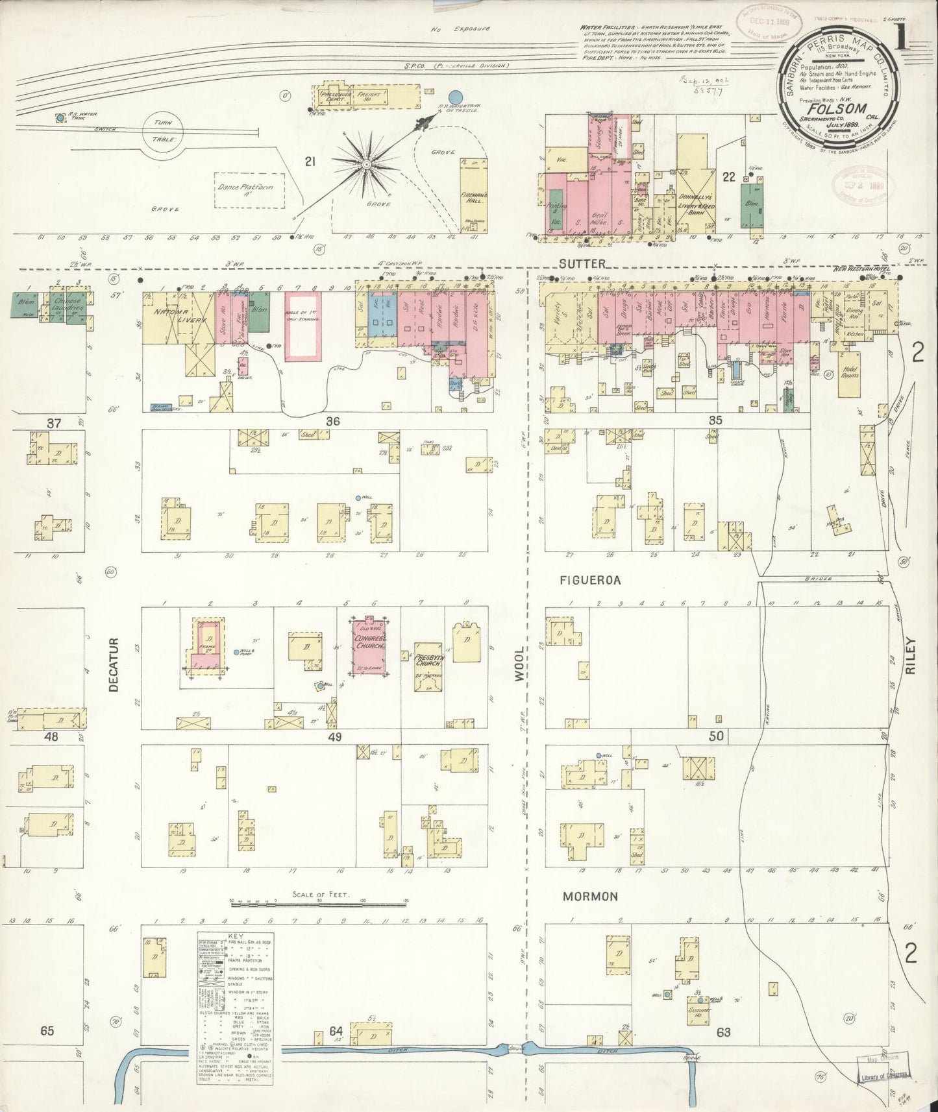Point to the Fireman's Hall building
[469, 195]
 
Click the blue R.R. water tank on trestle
[456, 96]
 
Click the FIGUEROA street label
[591, 581]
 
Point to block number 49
[334, 737]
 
